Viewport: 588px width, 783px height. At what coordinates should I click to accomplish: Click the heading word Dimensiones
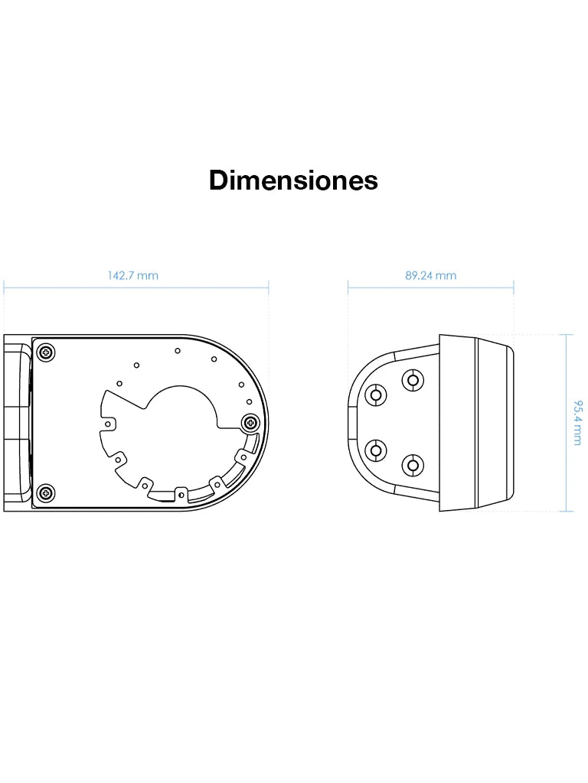coord(293,180)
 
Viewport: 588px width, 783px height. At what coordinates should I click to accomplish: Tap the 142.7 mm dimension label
coord(132,275)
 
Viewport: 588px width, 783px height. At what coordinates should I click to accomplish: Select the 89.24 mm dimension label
coord(430,275)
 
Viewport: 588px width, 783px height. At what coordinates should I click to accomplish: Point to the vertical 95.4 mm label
coord(577,423)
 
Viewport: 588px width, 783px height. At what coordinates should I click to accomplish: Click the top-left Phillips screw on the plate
coord(47,352)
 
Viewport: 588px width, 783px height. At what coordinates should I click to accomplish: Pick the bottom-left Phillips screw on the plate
coord(47,492)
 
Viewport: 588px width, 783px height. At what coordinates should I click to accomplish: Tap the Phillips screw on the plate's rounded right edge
coord(250,422)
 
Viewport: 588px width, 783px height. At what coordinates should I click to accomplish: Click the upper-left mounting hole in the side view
coord(376,395)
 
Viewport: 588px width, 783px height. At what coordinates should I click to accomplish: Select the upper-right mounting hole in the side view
coord(413,379)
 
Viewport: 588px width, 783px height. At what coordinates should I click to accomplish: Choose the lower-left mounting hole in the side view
coord(376,450)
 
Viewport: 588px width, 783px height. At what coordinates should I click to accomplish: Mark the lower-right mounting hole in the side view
coord(413,464)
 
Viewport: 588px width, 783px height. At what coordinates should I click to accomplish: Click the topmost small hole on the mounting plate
coord(177,350)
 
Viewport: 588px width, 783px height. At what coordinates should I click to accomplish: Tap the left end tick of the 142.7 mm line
coord(4,287)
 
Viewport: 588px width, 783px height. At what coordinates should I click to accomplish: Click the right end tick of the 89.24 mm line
coord(514,287)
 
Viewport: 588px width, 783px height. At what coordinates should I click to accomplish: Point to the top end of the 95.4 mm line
coord(566,334)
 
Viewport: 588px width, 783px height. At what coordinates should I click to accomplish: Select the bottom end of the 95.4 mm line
coord(566,512)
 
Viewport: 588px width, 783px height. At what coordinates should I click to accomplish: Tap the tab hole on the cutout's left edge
coord(109,421)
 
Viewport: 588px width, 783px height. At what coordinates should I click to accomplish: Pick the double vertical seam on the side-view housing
coord(476,423)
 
